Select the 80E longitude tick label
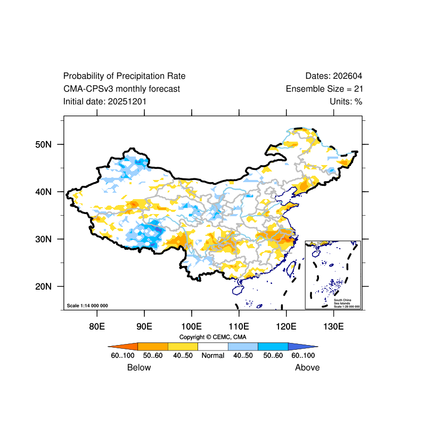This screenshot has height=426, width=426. point(97,326)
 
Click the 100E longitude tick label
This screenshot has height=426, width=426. point(191,326)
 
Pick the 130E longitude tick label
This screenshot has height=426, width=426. point(333,326)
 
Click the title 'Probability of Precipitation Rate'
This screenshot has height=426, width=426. point(124,76)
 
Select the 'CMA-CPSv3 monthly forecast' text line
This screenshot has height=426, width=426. point(121,89)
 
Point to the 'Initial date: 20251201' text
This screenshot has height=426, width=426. point(105,102)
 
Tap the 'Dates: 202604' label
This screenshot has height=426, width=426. point(334,76)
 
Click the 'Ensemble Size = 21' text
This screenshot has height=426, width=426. point(324,89)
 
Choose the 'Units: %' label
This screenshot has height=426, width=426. point(346,102)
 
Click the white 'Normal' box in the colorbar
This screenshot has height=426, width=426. point(213,346)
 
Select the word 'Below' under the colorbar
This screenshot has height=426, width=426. point(139,367)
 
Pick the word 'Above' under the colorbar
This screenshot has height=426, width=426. point(307,367)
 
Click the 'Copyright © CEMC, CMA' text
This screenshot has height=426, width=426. point(213,337)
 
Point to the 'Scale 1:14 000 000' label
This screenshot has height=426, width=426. point(87,306)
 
